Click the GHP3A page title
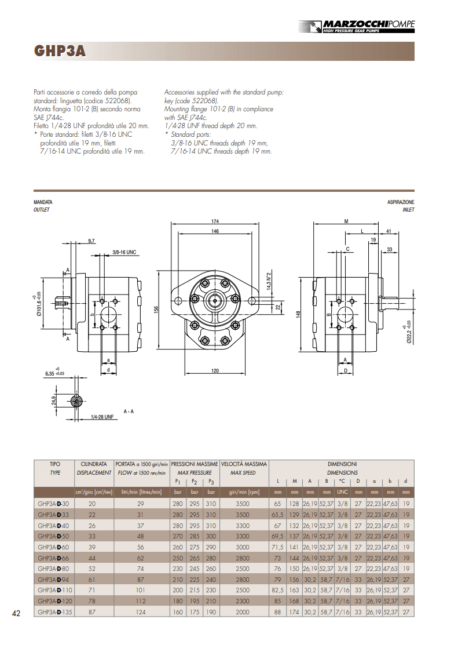coord(60,52)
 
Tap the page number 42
coord(16,614)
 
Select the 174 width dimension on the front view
coord(215,221)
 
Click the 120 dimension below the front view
coord(215,370)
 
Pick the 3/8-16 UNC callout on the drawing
coord(124,252)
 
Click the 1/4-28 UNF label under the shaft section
coord(102,417)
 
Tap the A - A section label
coord(129,412)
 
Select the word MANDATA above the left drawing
coord(44,202)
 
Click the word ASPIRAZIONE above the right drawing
coord(401,202)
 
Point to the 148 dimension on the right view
coord(298,314)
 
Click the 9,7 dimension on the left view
coord(91,240)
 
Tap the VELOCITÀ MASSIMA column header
coord(244,464)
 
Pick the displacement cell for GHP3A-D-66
coord(93,558)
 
